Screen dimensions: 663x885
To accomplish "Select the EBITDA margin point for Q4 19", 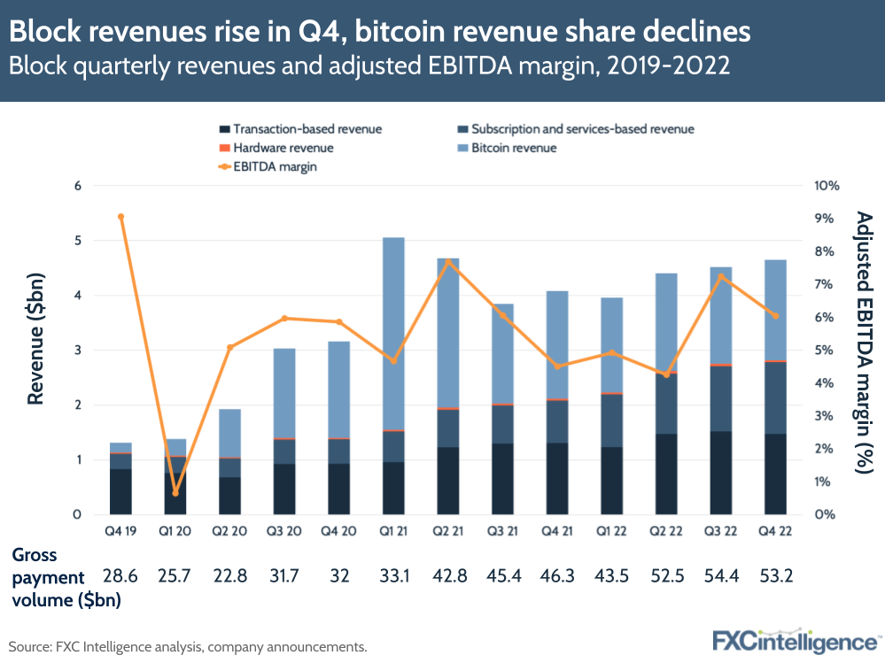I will (120, 216).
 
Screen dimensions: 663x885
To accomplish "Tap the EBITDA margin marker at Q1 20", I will (175, 493).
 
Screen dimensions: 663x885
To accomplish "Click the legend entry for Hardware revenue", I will (283, 148).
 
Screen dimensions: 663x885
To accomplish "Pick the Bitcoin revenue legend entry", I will (514, 148).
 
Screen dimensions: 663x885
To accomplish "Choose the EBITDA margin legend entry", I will (276, 166).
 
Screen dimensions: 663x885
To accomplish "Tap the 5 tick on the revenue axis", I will (78, 241).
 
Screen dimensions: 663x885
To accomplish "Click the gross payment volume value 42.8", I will (448, 575).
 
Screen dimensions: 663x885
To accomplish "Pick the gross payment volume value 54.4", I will (722, 575).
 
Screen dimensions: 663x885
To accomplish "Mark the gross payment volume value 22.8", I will (229, 575).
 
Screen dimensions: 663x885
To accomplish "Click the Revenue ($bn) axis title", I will (35, 350).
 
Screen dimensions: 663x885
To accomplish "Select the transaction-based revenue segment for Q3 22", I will (722, 473).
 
